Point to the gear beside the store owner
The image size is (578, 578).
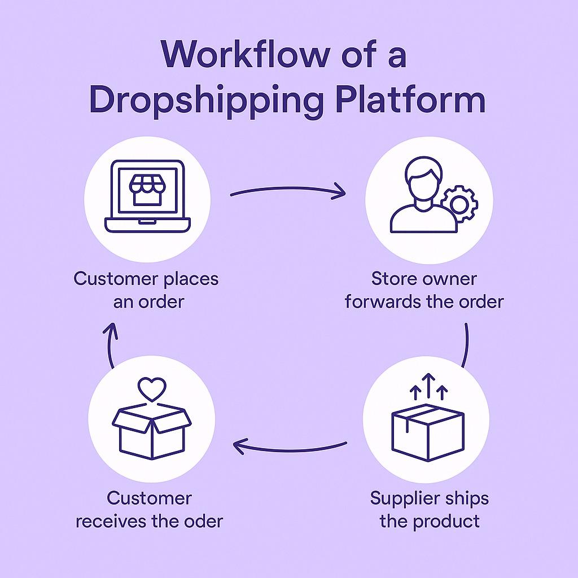point(459,204)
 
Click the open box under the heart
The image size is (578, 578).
point(152,432)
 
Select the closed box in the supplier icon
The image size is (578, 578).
point(427,431)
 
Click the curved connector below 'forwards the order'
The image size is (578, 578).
point(467,345)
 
